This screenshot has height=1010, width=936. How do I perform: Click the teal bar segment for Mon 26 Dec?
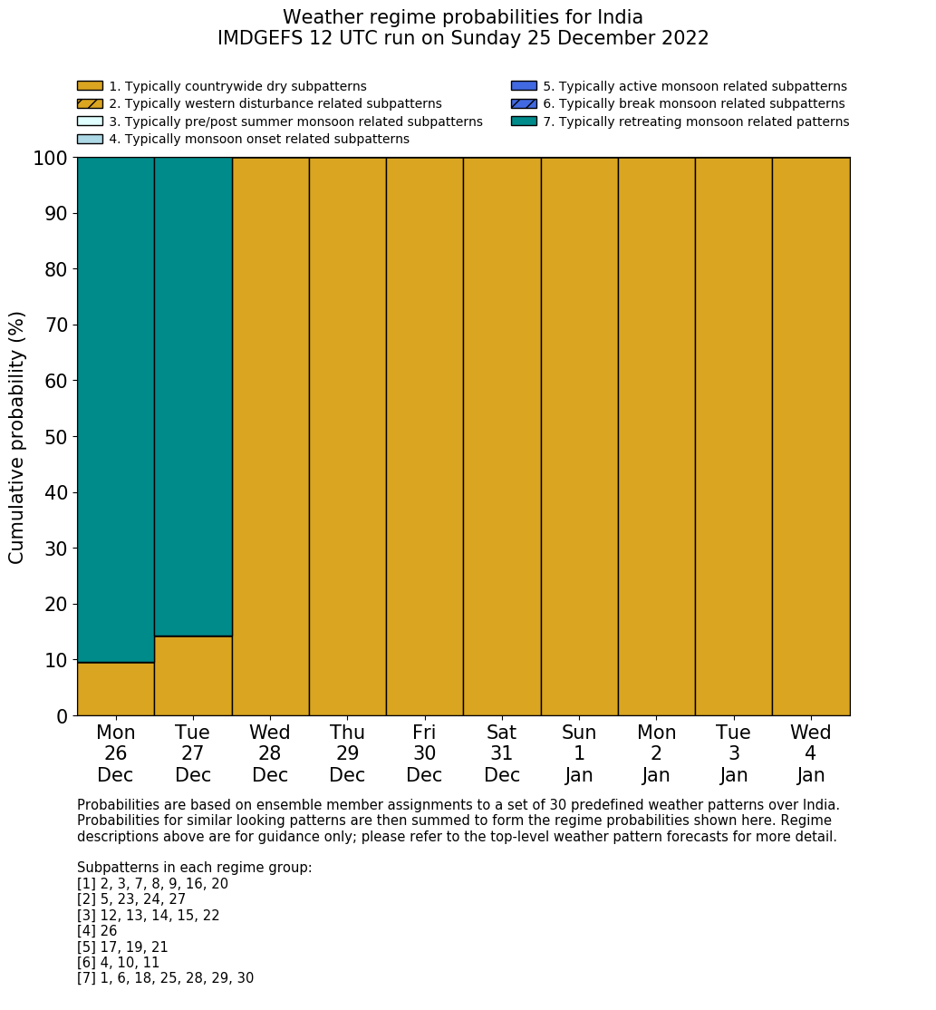click(x=115, y=408)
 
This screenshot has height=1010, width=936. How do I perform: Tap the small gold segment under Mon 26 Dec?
click(x=115, y=689)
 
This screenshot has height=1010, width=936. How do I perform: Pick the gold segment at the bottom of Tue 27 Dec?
click(x=193, y=676)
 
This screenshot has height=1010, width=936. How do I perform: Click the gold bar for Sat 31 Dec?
click(x=502, y=435)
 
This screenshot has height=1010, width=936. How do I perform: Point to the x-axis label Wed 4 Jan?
click(x=811, y=753)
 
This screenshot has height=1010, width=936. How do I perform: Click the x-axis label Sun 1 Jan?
click(x=579, y=753)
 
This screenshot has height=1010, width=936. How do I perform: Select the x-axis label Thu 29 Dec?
click(x=347, y=753)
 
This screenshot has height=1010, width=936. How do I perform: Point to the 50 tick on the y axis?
click(x=56, y=437)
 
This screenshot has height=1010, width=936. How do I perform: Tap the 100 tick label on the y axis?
click(x=51, y=159)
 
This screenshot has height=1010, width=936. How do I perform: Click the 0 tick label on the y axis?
click(x=63, y=716)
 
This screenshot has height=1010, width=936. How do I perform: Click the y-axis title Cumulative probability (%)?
click(x=17, y=437)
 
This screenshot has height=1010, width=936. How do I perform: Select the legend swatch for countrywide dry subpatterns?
click(x=90, y=86)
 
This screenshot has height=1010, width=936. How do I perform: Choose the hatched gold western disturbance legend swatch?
click(x=90, y=104)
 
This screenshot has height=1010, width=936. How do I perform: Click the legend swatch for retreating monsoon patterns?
click(x=524, y=121)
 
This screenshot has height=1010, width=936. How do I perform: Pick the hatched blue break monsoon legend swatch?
click(x=524, y=104)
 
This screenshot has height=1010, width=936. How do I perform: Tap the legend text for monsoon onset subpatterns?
click(x=259, y=140)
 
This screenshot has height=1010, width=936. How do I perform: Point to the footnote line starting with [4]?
click(x=97, y=931)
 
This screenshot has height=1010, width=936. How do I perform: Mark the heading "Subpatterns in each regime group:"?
click(x=194, y=868)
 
